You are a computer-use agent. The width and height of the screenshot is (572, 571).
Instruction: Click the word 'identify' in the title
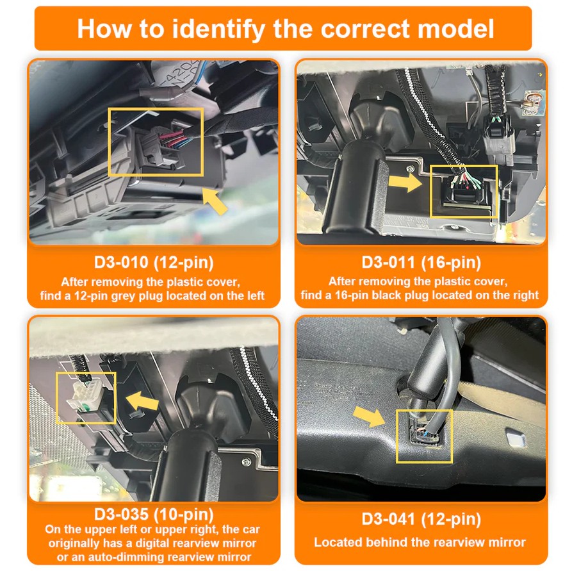click(218, 29)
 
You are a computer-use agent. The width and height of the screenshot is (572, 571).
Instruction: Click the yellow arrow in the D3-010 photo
click(215, 200)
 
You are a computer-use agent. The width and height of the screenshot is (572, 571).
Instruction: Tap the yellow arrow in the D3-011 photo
click(405, 183)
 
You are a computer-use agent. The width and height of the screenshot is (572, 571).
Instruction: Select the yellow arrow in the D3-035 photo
click(142, 402)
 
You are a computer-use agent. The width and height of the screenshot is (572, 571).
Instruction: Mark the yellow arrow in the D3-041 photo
click(369, 416)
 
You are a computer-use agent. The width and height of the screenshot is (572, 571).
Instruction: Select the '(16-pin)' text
click(451, 263)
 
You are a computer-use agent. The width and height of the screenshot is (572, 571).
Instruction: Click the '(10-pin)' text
click(184, 515)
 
